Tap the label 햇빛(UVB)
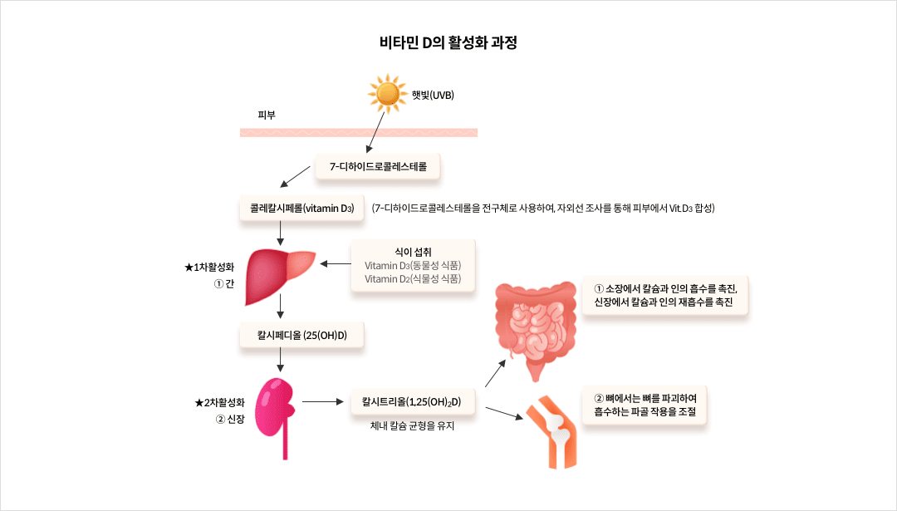click(433, 95)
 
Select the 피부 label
click(267, 115)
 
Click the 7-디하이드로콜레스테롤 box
click(378, 167)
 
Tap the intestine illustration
click(535, 324)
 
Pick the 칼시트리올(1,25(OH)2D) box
click(412, 402)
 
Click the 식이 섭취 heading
click(413, 251)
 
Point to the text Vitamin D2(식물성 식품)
click(413, 279)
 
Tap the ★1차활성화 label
click(209, 268)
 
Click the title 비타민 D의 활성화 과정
click(448, 42)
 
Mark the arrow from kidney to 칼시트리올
click(323, 402)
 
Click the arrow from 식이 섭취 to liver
click(336, 264)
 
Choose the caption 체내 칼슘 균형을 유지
click(413, 427)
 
